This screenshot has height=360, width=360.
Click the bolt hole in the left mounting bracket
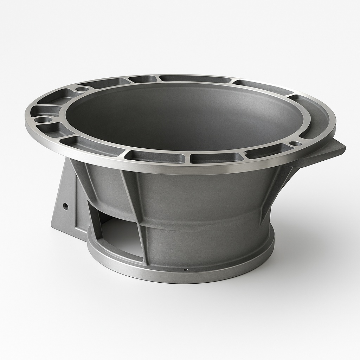(x=65, y=206)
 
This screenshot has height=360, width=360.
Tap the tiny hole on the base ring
(x=186, y=270)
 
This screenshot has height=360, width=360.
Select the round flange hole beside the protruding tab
(x=296, y=143)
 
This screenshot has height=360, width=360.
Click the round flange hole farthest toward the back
(x=82, y=89)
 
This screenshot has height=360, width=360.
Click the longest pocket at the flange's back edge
(x=195, y=79)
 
